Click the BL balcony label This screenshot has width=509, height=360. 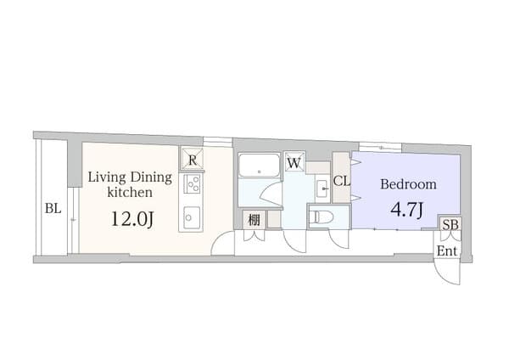pos(53,208)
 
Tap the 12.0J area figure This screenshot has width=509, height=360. pos(132,219)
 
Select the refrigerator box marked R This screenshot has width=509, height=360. pos(193,160)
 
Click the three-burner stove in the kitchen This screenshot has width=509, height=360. pos(192,183)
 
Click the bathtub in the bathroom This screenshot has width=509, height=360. pos(259,165)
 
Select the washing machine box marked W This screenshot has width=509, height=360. pos(294,161)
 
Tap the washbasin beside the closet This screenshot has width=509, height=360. pos(322,188)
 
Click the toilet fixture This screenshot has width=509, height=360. pos(321,217)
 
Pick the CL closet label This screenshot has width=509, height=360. pos(342,181)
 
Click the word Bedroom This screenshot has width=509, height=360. pos(408,184)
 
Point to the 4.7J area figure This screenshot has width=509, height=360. pos(406,210)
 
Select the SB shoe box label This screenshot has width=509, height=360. pos(451,224)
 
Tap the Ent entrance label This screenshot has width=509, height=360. pos(447,250)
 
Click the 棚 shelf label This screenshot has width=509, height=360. pos(255,220)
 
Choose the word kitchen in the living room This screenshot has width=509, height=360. pos(130,193)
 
